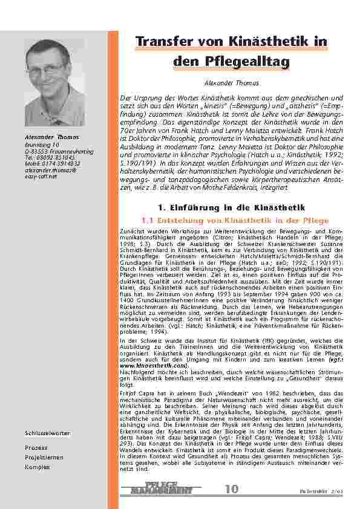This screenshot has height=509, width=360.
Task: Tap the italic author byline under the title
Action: coord(232,82)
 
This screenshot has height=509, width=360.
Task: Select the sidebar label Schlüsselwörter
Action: coord(48,434)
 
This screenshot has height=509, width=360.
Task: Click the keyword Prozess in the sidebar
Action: coord(36,447)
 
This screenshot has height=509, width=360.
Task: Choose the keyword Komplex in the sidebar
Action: coord(37,467)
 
